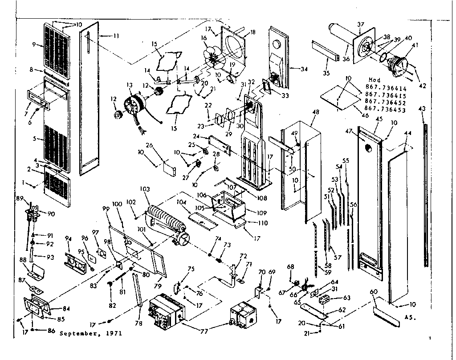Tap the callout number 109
click(262, 213)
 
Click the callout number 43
click(422, 109)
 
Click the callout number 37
click(361, 25)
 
